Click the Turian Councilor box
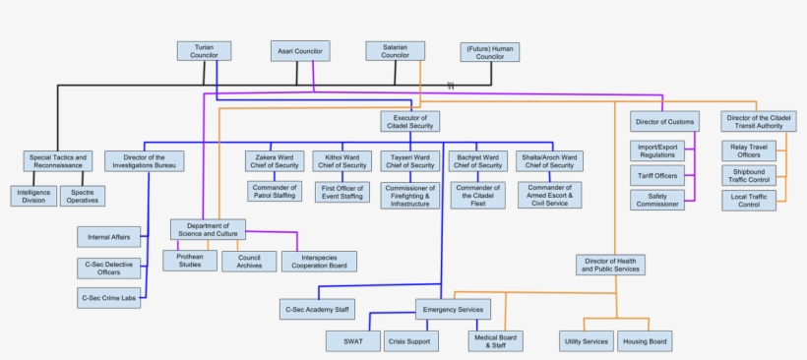[204, 51]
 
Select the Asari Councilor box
[300, 51]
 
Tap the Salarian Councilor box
[395, 51]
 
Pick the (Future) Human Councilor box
[489, 52]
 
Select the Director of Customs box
[664, 122]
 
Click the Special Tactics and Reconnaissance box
[59, 161]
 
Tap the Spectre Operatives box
[83, 195]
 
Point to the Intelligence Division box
[34, 195]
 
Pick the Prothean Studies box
[190, 261]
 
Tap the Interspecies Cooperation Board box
[319, 262]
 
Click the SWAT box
[352, 341]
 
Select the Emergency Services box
[452, 309]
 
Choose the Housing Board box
[645, 341]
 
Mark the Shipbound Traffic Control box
[749, 176]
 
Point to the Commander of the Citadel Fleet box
[478, 195]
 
